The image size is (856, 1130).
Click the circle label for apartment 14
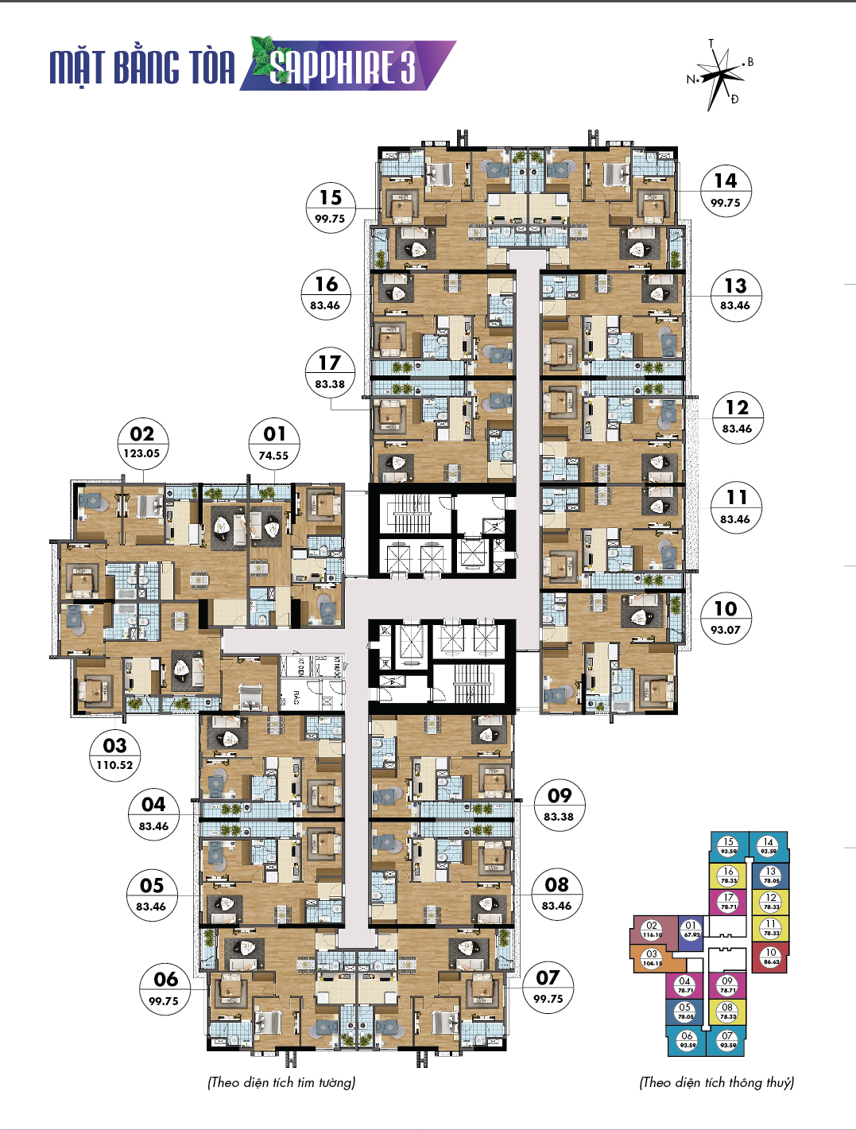[726, 191]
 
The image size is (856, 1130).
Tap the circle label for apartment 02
[141, 442]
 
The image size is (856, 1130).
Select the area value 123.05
[141, 453]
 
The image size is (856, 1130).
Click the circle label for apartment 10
[726, 618]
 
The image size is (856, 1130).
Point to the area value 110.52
[115, 765]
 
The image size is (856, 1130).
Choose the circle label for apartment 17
[330, 372]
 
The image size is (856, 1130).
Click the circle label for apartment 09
[560, 805]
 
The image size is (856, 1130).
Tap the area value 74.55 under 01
[273, 456]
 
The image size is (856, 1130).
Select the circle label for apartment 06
[165, 988]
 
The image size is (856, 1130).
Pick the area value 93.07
[726, 630]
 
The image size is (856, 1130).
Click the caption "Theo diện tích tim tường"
[281, 1082]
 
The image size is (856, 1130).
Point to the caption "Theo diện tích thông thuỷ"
[716, 1082]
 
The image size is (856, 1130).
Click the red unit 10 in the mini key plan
[770, 957]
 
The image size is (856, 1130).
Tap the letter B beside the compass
[750, 62]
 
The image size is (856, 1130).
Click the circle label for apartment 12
[737, 417]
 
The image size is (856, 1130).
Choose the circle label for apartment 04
[153, 814]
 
